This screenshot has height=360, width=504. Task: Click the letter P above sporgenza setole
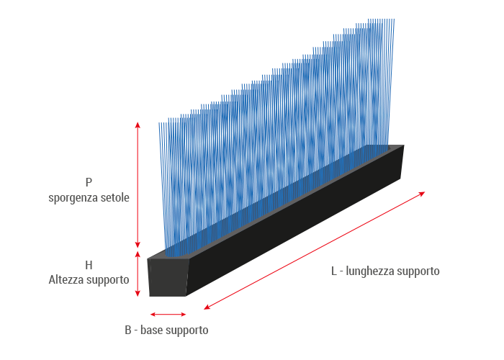coord(89,183)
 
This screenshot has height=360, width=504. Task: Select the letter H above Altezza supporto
coord(89,265)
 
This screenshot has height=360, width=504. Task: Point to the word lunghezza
coord(371,271)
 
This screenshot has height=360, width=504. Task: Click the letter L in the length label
coord(334,271)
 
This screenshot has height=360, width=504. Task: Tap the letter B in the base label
coord(128,330)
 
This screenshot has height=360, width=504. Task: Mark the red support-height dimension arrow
coord(138,274)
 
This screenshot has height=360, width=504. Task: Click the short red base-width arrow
coord(168,314)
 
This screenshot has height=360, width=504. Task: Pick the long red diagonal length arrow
coord(315,250)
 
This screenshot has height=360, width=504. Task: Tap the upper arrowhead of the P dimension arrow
coord(138,125)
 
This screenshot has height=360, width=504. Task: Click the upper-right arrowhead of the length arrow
coord(422,193)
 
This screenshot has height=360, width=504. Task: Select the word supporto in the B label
coord(188,330)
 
